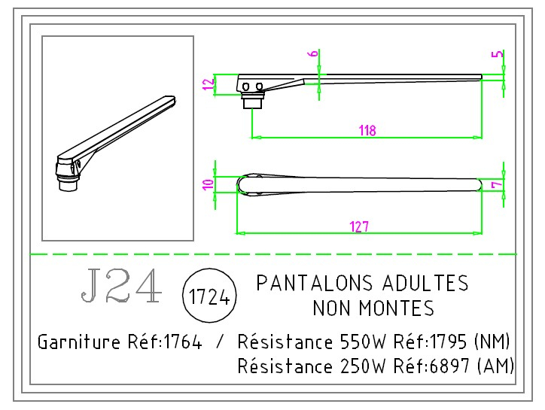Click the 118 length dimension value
click(367, 130)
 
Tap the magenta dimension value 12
click(209, 84)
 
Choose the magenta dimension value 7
click(495, 184)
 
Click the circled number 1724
click(210, 296)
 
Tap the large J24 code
click(120, 286)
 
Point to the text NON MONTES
click(373, 308)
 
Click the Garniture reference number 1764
click(182, 343)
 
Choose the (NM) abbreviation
click(495, 343)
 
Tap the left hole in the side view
click(245, 86)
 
